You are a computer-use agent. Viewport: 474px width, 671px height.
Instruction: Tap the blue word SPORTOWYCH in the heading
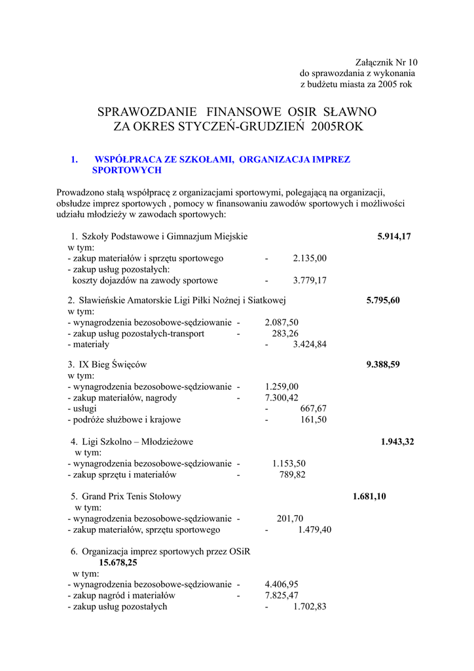tap(126, 170)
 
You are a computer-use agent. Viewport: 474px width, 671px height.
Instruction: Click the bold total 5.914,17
tap(394, 237)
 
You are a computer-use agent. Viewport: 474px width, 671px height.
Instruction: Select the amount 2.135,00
tap(310, 258)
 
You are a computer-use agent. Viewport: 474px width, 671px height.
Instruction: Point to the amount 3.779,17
tap(310, 280)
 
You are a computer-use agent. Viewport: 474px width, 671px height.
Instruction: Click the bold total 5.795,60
tap(383, 301)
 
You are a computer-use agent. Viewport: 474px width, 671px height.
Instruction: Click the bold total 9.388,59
tap(383, 365)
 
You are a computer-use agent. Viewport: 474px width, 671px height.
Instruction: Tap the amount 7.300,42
tap(282, 398)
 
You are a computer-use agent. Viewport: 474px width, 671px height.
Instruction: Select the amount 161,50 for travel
tap(313, 419)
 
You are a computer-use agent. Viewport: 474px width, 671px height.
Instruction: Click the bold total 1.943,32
tap(397, 442)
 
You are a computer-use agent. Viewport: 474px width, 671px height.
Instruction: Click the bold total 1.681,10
tap(369, 497)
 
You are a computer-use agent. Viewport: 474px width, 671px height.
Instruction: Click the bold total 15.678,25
tap(118, 562)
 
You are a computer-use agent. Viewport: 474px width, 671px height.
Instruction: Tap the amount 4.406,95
tap(282, 584)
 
